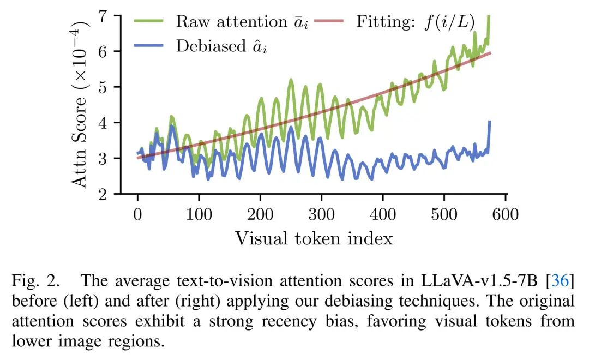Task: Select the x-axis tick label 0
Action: coord(137,213)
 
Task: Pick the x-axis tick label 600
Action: coord(506,213)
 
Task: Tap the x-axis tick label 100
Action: coord(199,213)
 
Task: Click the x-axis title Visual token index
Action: coord(314,238)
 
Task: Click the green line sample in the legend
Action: coord(149,21)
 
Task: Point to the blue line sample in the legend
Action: coord(149,46)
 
